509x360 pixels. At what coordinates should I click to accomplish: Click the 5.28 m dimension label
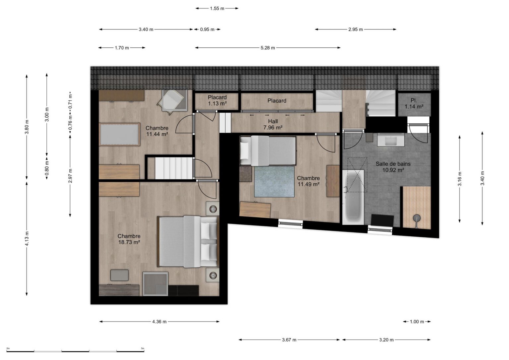[x=268, y=48]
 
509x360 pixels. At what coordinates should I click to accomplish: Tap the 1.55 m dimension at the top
[x=217, y=8]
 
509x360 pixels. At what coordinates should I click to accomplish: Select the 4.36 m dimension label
[x=159, y=322]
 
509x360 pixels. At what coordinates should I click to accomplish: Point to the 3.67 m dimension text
[x=289, y=340]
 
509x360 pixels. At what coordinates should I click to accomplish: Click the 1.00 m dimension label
[x=417, y=322]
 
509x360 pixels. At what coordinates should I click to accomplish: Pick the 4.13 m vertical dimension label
[x=27, y=238]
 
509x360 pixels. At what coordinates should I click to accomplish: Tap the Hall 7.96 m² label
[x=273, y=124]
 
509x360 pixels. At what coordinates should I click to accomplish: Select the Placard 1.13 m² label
[x=217, y=100]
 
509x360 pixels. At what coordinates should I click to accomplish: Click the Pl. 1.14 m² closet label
[x=414, y=103]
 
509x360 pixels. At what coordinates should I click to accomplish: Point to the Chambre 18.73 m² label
[x=129, y=239]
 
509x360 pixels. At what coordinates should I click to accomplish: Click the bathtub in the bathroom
[x=353, y=197]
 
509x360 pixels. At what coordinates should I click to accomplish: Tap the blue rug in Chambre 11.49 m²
[x=274, y=181]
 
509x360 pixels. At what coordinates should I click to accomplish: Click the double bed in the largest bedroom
[x=188, y=241]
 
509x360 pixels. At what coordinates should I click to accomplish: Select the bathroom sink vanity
[x=391, y=140]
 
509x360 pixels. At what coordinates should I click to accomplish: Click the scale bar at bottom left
[x=75, y=351]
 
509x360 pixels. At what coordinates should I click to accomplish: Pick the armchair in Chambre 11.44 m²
[x=173, y=101]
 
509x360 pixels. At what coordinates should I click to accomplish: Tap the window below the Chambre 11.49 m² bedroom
[x=290, y=224]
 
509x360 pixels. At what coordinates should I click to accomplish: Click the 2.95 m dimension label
[x=356, y=29]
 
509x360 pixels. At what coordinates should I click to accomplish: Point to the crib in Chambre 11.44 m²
[x=120, y=134]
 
